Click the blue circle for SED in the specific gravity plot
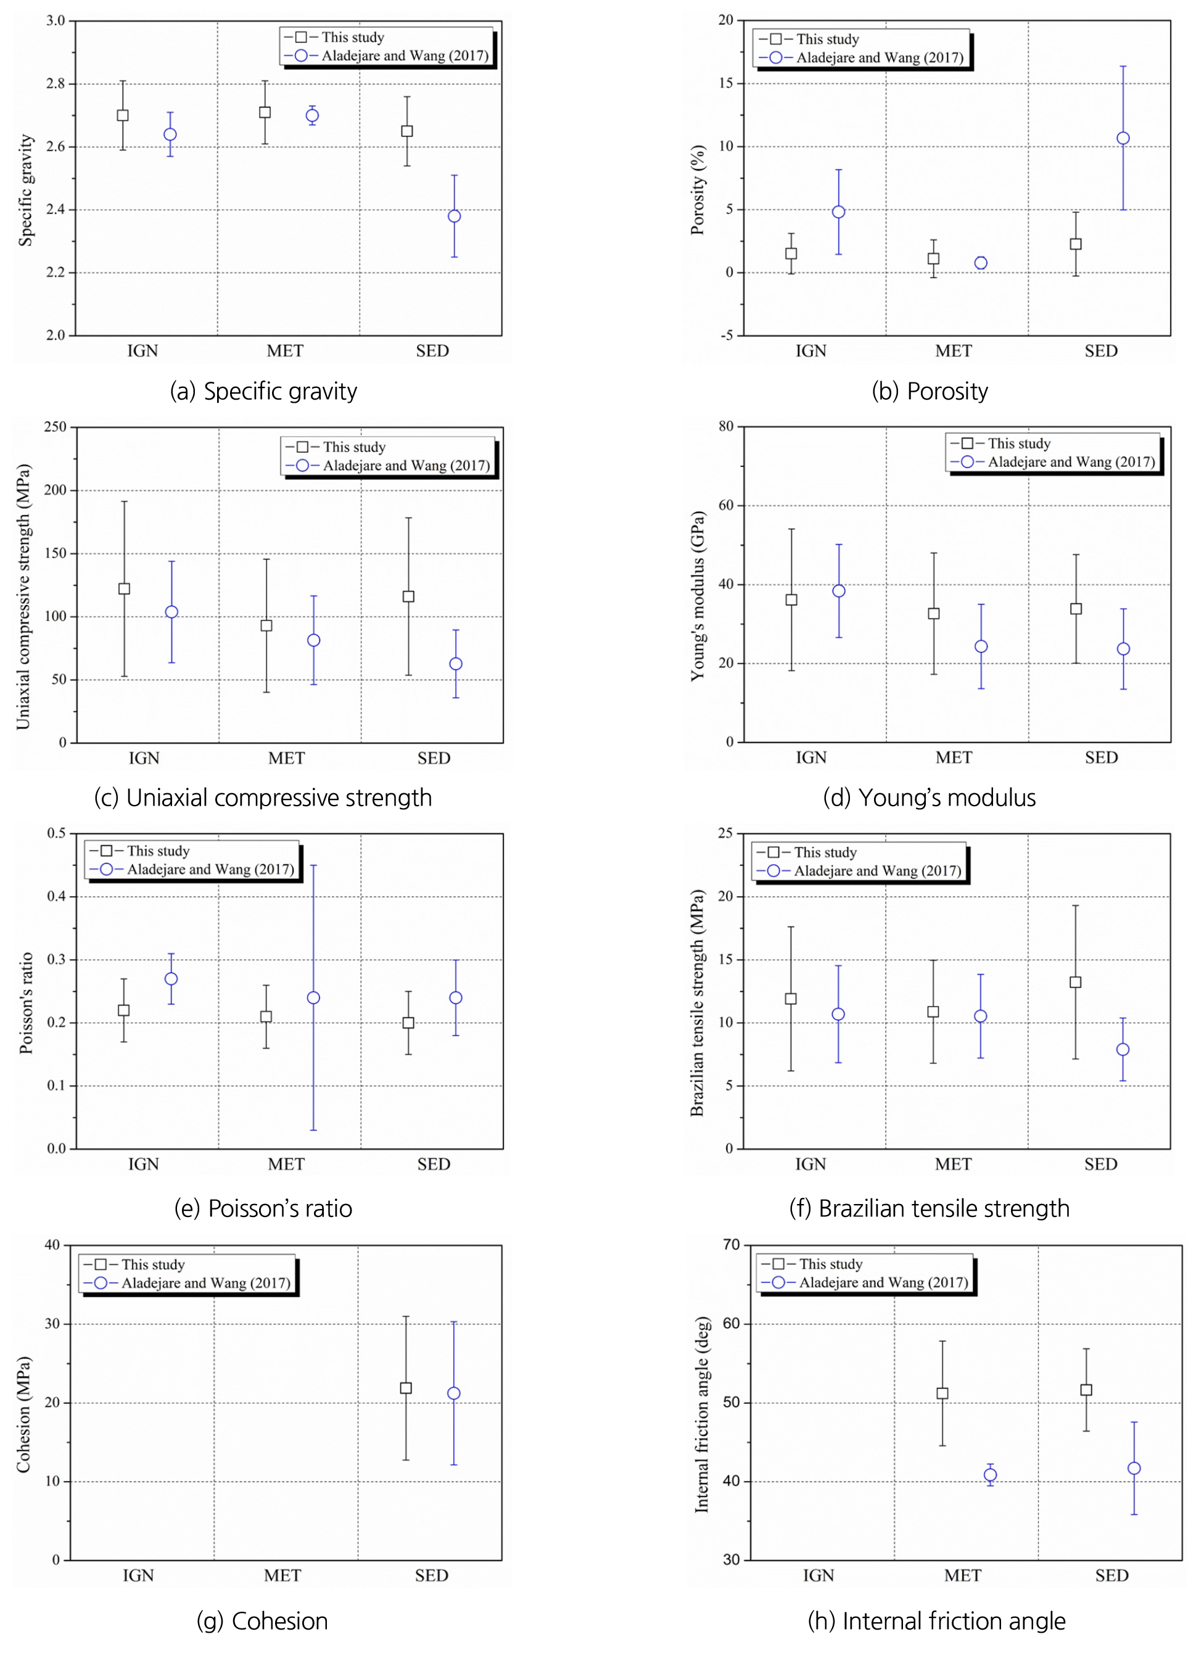[454, 217]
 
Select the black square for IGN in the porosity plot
[791, 254]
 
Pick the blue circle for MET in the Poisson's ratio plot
[313, 998]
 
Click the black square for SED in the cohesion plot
[406, 1387]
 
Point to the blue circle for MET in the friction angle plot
[990, 1475]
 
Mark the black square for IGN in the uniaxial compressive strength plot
[124, 588]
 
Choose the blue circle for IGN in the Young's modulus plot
[838, 591]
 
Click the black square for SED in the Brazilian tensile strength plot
[1075, 982]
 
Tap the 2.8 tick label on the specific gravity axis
[56, 84]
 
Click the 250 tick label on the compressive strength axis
[55, 427]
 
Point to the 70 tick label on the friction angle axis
[731, 1245]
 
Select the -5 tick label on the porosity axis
[726, 336]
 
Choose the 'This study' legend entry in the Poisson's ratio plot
[158, 851]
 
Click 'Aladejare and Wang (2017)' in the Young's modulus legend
[1071, 462]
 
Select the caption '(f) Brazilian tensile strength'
[928, 1208]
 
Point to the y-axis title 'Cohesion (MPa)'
[24, 1414]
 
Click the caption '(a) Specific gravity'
[263, 392]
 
